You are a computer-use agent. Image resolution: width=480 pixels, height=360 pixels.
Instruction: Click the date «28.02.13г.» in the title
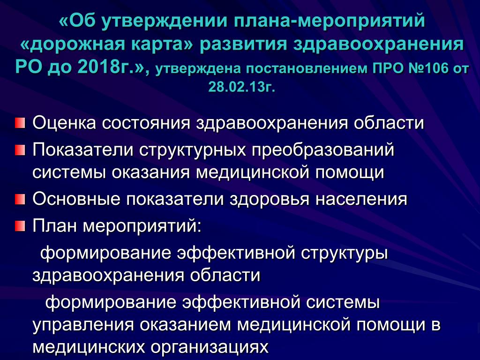[x=242, y=87]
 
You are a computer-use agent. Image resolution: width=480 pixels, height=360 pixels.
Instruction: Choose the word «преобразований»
[x=323, y=150]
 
